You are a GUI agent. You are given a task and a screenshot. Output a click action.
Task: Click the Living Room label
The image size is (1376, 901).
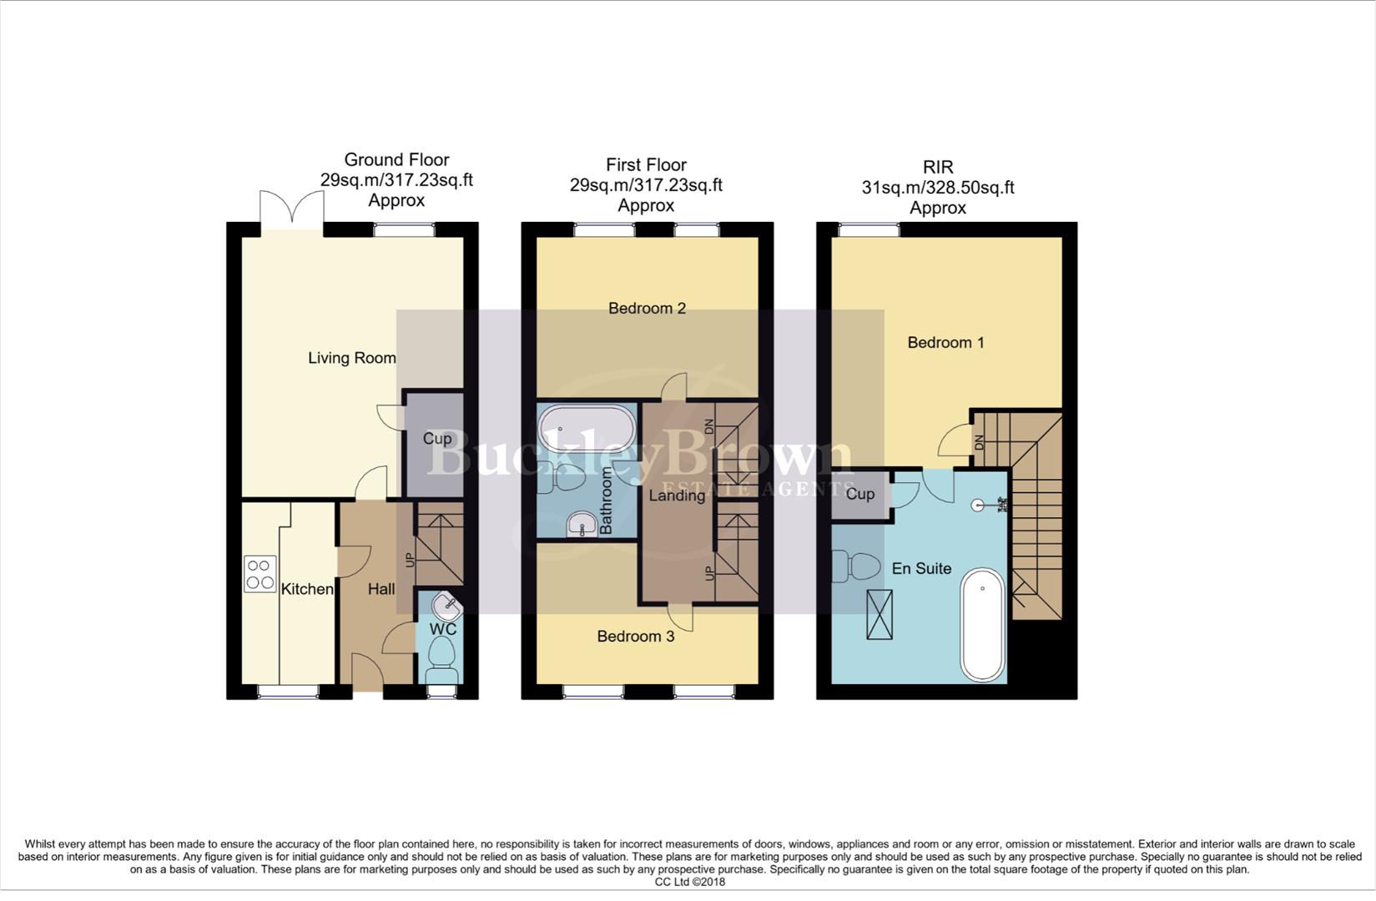coord(351,358)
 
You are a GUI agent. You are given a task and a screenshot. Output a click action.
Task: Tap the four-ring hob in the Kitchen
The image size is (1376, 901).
coord(260,574)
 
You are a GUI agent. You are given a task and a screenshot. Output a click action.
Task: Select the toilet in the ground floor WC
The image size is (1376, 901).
coord(441,658)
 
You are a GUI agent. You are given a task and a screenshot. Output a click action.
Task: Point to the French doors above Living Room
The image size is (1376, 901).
coord(291,209)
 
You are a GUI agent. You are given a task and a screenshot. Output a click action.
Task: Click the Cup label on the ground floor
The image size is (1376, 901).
coord(437,439)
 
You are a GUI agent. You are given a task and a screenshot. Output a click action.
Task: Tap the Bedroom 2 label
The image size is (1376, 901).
coord(647,309)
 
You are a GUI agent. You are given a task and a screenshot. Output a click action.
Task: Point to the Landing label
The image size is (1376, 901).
coord(677,496)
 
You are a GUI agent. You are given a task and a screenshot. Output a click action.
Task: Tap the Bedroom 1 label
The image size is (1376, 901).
coord(945,342)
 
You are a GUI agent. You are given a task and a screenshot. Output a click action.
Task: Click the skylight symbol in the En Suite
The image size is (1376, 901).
coord(880,615)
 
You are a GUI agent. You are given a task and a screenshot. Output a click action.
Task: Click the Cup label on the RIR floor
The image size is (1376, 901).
coord(859,494)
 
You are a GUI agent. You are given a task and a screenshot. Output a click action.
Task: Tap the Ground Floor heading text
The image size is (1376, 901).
coord(396,159)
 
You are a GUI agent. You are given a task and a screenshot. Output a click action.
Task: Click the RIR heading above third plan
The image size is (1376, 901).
coord(938,167)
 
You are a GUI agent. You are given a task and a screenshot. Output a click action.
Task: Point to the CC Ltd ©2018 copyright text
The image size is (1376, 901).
coord(689,882)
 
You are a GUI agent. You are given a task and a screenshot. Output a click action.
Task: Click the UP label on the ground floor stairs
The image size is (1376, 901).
coord(410,560)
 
